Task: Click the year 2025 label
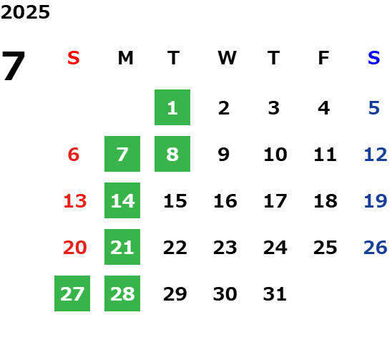25,12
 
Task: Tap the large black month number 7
14,65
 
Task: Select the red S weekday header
74,58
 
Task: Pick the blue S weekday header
374,58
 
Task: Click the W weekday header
227,58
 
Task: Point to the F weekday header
324,58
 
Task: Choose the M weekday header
125,58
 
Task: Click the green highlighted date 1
172,107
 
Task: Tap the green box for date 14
122,200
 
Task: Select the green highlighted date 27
72,293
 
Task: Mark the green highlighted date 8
172,154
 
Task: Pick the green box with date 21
122,247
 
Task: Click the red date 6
74,155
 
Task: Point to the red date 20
75,248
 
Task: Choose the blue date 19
376,201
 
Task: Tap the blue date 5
374,108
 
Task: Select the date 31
275,294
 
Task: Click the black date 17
275,201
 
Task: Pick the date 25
325,248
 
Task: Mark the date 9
224,155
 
